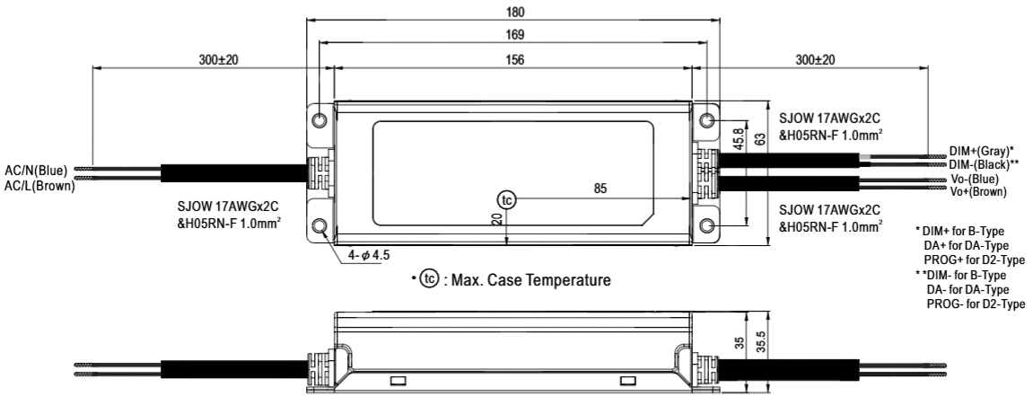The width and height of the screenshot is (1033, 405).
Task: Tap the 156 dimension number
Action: [x=515, y=59]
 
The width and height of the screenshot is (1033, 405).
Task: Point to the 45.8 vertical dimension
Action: [x=738, y=140]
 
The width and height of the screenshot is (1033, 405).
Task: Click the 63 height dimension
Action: [x=760, y=139]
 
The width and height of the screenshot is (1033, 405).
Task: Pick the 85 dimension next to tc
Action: [x=600, y=189]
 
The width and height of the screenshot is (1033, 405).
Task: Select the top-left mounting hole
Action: [x=320, y=120]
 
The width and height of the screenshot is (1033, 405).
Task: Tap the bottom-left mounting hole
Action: [x=320, y=226]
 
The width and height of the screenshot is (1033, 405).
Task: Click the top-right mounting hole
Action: [x=707, y=120]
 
